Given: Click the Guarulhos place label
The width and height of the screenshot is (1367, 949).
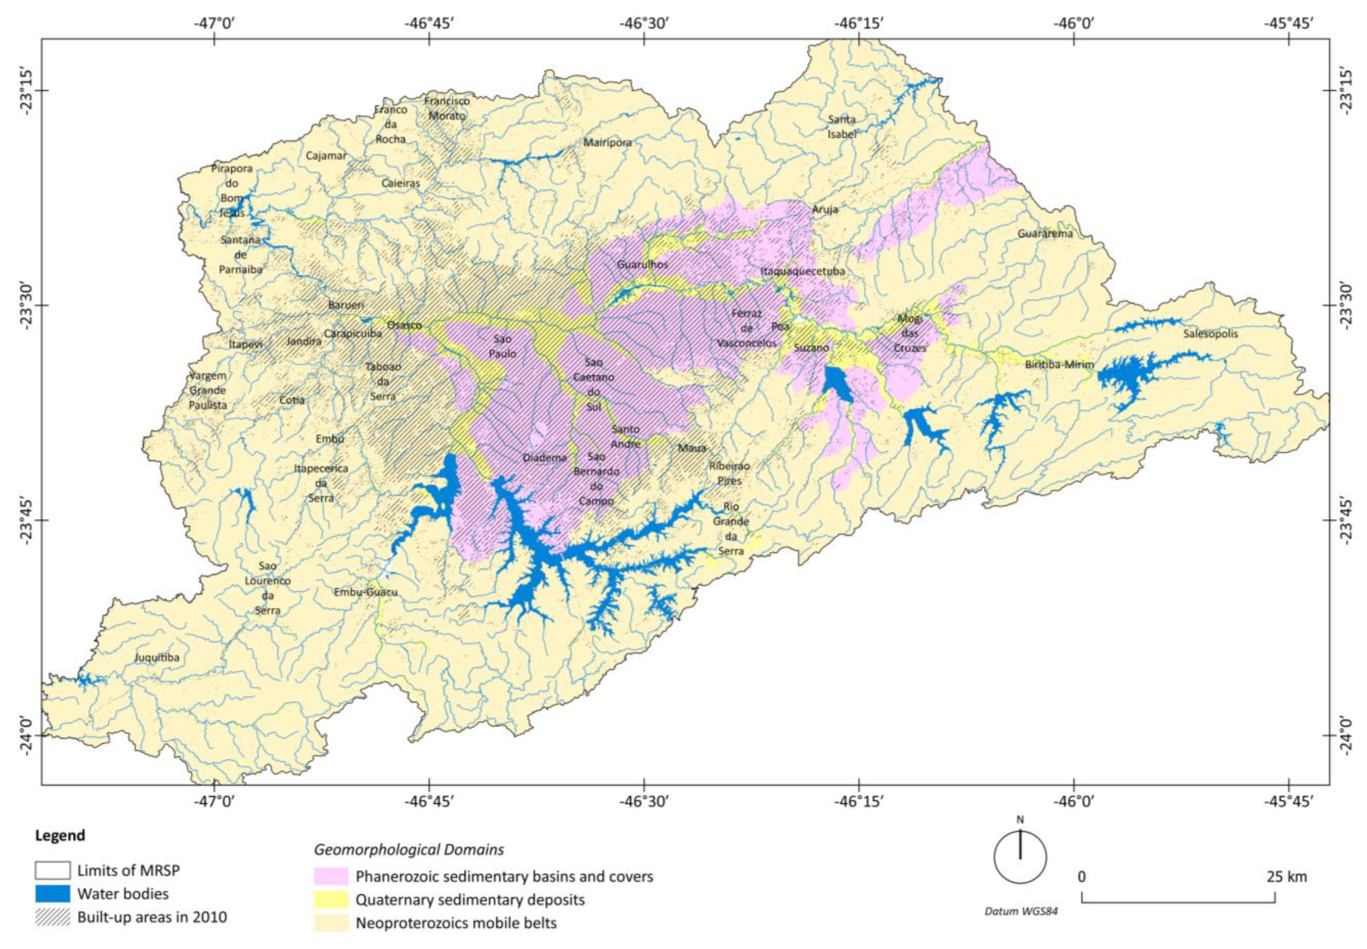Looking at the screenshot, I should [642, 265].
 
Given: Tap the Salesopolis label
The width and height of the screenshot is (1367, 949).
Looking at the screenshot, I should [1210, 334].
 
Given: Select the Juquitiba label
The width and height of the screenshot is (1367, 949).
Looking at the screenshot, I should [156, 658].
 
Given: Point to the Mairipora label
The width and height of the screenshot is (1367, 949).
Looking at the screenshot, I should [607, 143].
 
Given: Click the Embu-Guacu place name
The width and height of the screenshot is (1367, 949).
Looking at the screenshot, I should [365, 592].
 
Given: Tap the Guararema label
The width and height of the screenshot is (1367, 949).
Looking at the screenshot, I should [1045, 234].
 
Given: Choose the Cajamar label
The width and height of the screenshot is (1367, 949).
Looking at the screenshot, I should [326, 156].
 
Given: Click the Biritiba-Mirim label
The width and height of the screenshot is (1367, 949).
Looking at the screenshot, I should [1059, 365].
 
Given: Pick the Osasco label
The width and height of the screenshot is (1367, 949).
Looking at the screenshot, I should [404, 325].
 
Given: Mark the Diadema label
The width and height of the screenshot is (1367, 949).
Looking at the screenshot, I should [544, 458].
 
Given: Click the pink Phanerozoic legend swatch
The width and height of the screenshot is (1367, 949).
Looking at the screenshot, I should [330, 876].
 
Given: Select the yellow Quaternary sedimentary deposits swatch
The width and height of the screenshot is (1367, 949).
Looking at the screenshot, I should [330, 899].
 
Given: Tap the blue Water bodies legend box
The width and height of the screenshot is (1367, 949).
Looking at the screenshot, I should [52, 894].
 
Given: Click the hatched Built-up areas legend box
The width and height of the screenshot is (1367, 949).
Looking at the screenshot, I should [52, 917].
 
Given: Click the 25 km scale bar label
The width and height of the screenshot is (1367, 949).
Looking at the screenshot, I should [1286, 876].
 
